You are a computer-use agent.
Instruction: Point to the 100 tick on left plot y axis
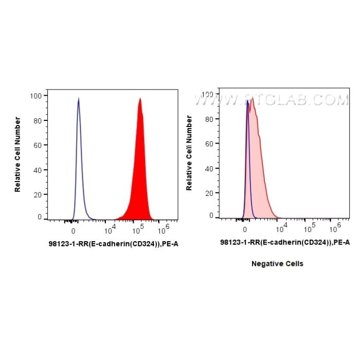pyautogui.click(x=35, y=96)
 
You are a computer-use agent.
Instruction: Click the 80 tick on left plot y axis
pyautogui.click(x=38, y=121)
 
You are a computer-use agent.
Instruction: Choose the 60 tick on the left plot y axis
pyautogui.click(x=38, y=146)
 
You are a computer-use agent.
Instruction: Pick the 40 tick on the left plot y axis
pyautogui.click(x=38, y=170)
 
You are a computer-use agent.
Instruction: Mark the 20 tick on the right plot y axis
pyautogui.click(x=208, y=191)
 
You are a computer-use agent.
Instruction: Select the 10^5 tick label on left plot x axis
pyautogui.click(x=137, y=229)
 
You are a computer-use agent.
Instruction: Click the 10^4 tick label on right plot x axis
pyautogui.click(x=281, y=227)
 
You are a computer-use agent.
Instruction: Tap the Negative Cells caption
pyautogui.click(x=277, y=264)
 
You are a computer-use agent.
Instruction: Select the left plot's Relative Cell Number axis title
pyautogui.click(x=18, y=155)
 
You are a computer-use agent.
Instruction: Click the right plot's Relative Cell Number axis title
pyautogui.click(x=189, y=153)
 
